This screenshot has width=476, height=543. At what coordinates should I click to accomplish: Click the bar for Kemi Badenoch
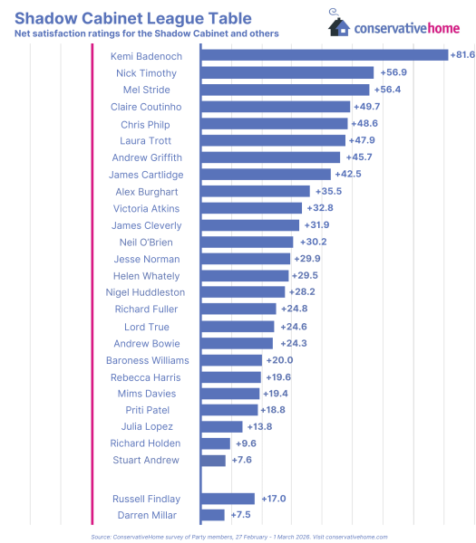tap(325, 55)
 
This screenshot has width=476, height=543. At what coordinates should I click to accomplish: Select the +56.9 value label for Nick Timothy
tap(393, 72)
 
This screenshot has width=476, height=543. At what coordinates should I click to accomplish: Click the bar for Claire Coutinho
tap(276, 107)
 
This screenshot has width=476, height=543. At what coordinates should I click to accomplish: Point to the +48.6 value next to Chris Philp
tap(365, 123)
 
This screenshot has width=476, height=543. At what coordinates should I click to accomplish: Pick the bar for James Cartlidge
tap(266, 175)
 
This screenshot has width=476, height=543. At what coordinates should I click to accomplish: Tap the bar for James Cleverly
tap(250, 225)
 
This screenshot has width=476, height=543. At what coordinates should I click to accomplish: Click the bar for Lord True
tap(238, 327)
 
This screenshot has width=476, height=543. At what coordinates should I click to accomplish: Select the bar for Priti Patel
tap(229, 410)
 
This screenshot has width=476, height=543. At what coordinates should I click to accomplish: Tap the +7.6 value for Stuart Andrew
tap(241, 461)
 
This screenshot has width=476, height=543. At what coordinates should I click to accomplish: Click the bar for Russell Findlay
tap(228, 499)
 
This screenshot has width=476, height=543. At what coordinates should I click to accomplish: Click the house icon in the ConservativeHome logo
tap(340, 25)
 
